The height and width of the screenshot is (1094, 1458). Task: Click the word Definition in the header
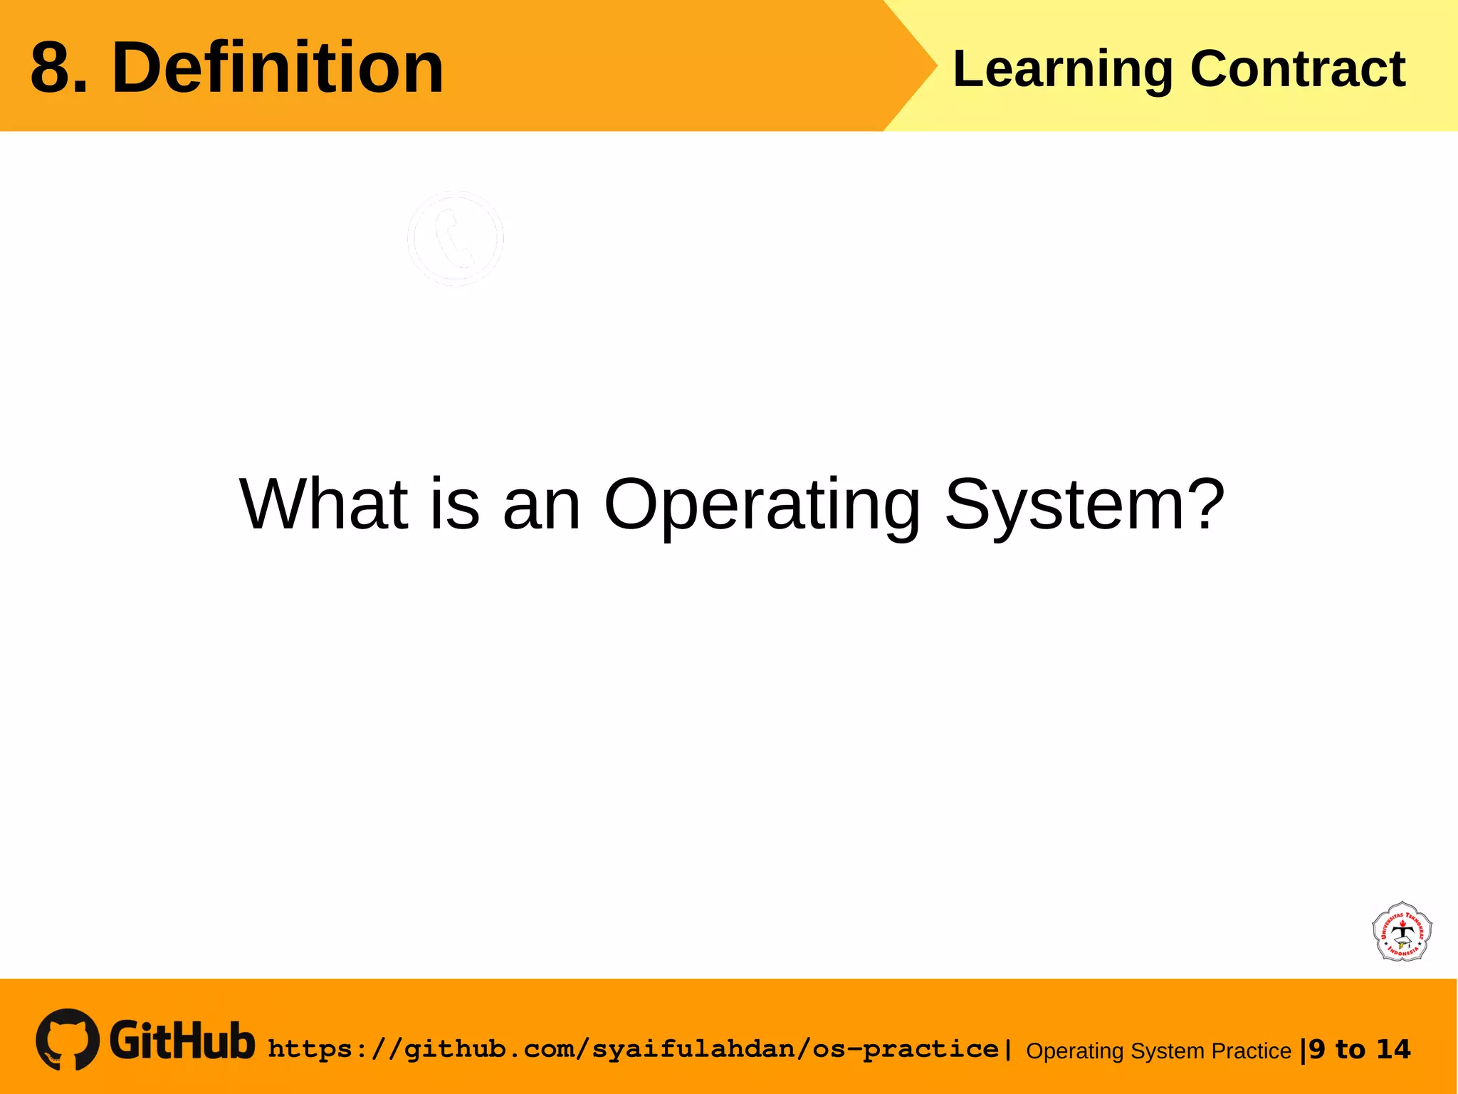[x=278, y=68]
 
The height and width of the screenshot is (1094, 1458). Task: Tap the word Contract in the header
[x=1297, y=70]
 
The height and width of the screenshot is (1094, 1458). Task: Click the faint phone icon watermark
[x=456, y=239]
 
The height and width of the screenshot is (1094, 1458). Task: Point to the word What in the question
[x=324, y=504]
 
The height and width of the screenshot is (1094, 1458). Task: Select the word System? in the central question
[x=1084, y=504]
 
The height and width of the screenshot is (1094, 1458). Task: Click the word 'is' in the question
[x=455, y=504]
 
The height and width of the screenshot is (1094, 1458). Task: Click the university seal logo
[x=1402, y=932]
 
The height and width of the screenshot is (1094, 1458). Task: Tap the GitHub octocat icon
[x=68, y=1039]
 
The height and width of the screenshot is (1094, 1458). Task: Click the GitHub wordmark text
[x=182, y=1041]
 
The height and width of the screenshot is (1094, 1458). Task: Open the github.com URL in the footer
[x=634, y=1049]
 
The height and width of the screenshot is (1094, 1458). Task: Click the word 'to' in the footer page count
[x=1351, y=1049]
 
